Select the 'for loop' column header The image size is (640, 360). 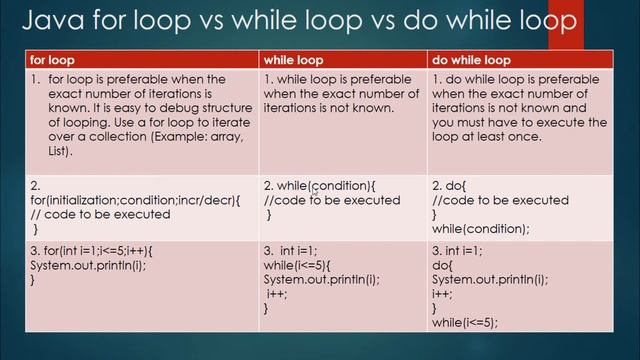click(52, 60)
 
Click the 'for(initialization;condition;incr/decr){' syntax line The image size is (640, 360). click(135, 199)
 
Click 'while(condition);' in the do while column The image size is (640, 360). click(480, 228)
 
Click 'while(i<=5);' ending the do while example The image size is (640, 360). click(464, 323)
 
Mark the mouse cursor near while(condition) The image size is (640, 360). click(314, 190)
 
